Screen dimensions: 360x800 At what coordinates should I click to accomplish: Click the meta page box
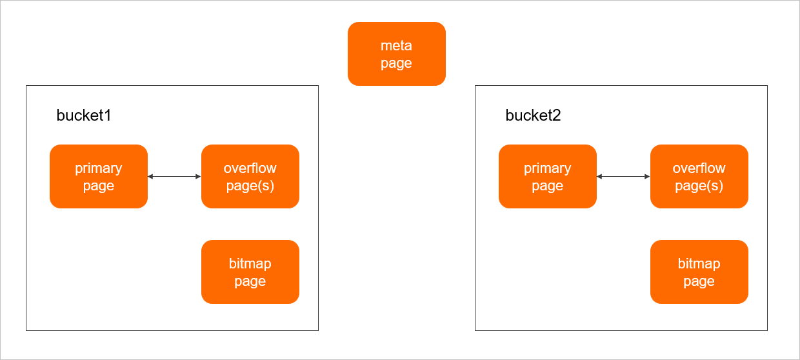(x=396, y=54)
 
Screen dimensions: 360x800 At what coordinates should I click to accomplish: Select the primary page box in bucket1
(x=99, y=176)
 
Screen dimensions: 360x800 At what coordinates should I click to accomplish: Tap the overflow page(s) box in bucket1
(x=250, y=176)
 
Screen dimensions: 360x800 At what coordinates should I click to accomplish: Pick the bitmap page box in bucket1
(x=250, y=272)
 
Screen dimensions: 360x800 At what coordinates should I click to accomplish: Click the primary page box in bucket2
(x=548, y=176)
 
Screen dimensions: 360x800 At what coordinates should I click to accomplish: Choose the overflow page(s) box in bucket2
(x=699, y=176)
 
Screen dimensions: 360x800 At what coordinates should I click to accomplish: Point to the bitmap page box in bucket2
(x=699, y=272)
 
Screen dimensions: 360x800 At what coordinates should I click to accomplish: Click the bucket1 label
(x=84, y=115)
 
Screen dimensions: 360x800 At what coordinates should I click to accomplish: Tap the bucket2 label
(x=533, y=115)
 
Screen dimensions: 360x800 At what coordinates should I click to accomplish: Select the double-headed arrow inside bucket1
(x=174, y=176)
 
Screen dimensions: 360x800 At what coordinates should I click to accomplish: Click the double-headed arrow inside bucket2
(x=623, y=176)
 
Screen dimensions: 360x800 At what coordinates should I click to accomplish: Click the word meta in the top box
(x=396, y=46)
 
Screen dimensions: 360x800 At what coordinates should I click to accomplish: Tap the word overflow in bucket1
(x=250, y=168)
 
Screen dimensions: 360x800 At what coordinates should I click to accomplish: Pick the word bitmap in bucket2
(x=699, y=264)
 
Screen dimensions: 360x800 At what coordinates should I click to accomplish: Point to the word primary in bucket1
(x=99, y=168)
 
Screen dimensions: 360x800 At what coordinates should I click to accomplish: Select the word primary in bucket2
(x=548, y=168)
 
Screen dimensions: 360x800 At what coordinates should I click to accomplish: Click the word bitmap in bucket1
(x=250, y=264)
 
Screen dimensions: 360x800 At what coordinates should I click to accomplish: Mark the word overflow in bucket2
(x=699, y=168)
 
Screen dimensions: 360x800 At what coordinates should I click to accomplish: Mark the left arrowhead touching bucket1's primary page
(x=150, y=176)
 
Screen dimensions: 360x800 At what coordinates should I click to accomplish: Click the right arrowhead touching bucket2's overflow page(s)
(x=647, y=176)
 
